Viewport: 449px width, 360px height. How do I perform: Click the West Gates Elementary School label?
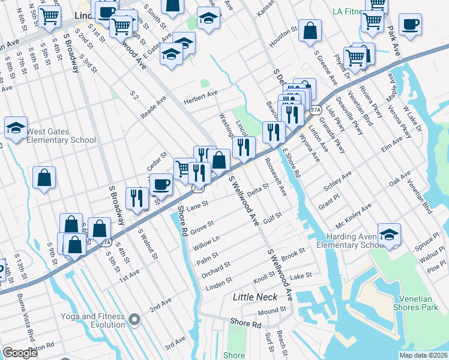coord(61,136)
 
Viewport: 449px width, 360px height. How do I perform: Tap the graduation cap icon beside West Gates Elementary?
coord(16,127)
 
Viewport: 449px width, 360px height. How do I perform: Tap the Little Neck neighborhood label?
coord(255,297)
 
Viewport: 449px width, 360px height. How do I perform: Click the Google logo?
coord(20,353)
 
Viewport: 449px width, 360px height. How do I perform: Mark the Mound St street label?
coord(272,311)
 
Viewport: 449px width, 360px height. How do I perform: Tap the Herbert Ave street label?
coord(200,96)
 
